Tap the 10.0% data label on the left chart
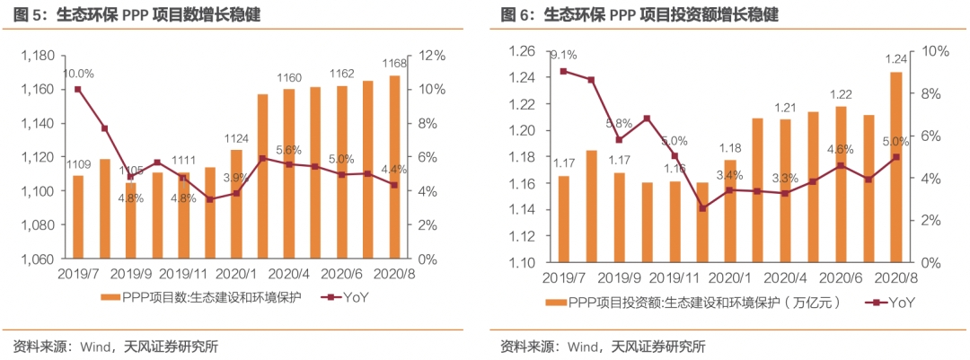point(78,74)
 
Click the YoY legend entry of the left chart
point(338,297)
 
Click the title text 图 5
point(28,15)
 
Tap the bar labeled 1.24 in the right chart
point(895,167)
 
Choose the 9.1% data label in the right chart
point(563,54)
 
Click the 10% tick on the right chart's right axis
point(930,51)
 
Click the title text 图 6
point(516,15)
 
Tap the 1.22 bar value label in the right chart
point(841,94)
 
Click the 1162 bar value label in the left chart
point(341,74)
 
